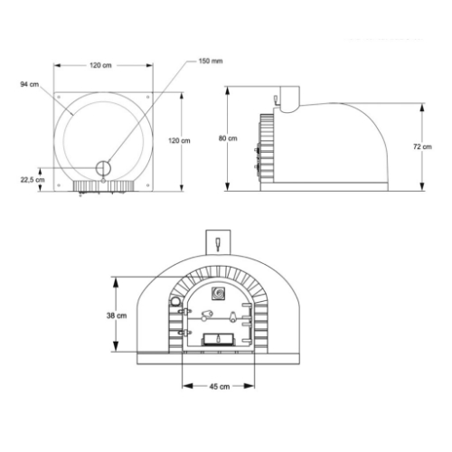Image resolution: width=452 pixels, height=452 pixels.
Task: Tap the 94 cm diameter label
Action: coord(28,84)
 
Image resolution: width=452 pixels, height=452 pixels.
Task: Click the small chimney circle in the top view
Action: coord(104,167)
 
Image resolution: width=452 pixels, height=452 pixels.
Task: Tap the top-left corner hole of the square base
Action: coord(58,96)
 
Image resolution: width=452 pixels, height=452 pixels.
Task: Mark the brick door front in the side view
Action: coord(266,145)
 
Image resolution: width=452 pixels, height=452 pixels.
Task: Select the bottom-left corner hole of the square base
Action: coord(58,185)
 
